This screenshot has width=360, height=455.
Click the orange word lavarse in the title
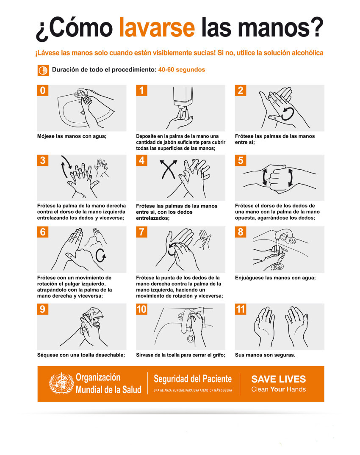[157, 27]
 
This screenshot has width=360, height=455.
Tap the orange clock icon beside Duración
[43, 71]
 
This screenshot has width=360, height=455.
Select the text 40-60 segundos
[181, 70]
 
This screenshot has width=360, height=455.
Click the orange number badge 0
[43, 91]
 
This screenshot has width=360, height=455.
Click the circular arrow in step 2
[288, 113]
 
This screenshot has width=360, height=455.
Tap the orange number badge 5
[241, 160]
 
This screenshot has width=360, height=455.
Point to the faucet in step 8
[286, 235]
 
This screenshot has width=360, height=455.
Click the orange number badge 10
[142, 309]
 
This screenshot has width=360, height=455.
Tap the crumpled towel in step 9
[94, 314]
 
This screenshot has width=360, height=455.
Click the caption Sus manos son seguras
[265, 355]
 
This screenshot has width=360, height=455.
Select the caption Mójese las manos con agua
[72, 136]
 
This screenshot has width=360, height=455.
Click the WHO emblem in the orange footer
[61, 383]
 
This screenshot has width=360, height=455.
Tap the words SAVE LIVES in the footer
[278, 379]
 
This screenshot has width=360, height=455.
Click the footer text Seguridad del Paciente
[193, 379]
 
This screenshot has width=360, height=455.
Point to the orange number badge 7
[142, 232]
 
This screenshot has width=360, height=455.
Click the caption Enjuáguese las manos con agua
[275, 278]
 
